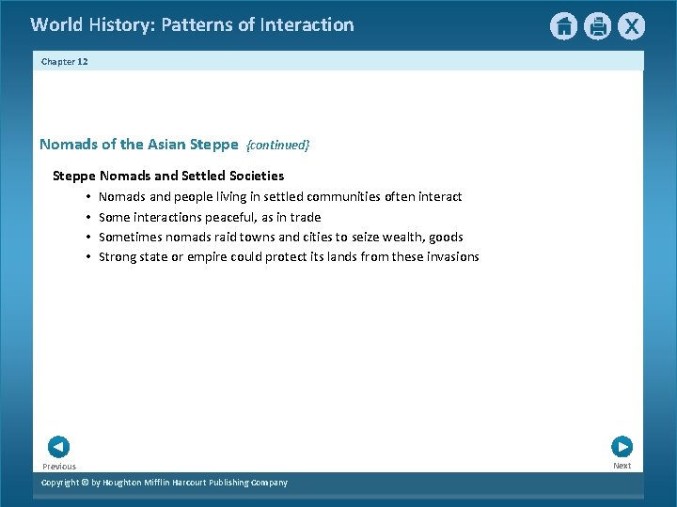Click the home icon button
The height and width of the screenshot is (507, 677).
point(563,26)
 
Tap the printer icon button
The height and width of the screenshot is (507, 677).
point(597,26)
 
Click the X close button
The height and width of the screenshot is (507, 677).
point(631,26)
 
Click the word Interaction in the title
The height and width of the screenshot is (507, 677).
point(307,25)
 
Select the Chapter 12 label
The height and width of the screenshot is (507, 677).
point(64,61)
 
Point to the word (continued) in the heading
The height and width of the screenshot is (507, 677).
point(277,146)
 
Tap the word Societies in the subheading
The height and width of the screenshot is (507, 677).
point(254,176)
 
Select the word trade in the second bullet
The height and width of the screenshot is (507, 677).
point(306,217)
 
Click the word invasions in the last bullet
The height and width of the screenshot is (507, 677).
point(449,257)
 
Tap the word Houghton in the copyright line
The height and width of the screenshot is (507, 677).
point(128,483)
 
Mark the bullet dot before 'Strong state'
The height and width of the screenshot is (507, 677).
point(86,257)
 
